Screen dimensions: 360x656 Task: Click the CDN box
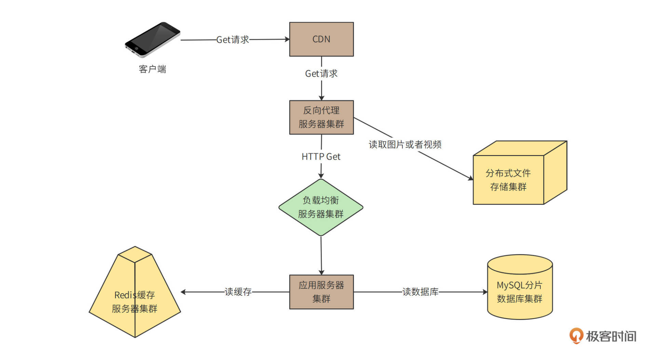pyautogui.click(x=321, y=39)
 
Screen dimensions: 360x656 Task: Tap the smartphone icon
pyautogui.click(x=152, y=40)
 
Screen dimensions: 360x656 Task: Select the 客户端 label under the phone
pyautogui.click(x=152, y=69)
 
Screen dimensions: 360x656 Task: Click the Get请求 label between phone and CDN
pyautogui.click(x=233, y=40)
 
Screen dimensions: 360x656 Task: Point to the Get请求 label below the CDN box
pyautogui.click(x=321, y=73)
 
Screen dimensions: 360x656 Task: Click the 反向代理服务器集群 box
pyautogui.click(x=321, y=117)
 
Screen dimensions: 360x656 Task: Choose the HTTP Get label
pyautogui.click(x=321, y=156)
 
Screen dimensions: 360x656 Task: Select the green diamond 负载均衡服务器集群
pyautogui.click(x=320, y=207)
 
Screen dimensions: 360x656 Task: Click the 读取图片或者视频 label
pyautogui.click(x=405, y=144)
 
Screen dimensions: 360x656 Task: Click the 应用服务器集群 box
pyautogui.click(x=321, y=292)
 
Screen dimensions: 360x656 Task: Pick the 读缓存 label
pyautogui.click(x=238, y=292)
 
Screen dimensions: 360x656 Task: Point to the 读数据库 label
pyautogui.click(x=420, y=292)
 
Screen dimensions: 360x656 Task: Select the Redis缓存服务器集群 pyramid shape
pyautogui.click(x=135, y=297)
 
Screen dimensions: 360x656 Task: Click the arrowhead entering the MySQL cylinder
pyautogui.click(x=485, y=292)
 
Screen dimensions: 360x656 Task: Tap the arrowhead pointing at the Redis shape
pyautogui.click(x=183, y=292)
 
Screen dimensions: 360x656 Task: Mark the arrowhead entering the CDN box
pyautogui.click(x=287, y=39)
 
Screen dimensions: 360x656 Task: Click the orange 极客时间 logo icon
pyautogui.click(x=576, y=336)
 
